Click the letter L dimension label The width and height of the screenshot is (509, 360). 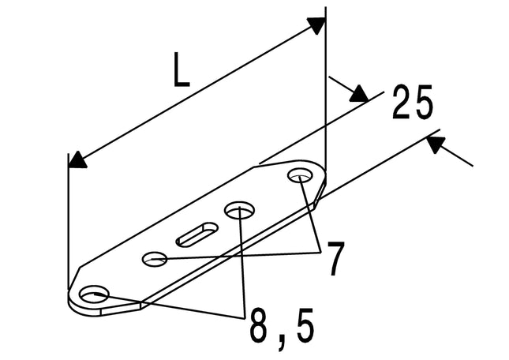tap(182, 69)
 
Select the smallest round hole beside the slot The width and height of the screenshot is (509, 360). tap(155, 259)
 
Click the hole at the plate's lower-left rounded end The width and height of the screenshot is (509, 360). tap(94, 294)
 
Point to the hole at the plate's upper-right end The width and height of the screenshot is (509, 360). tap(301, 176)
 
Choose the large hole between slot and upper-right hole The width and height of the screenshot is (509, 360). tap(239, 210)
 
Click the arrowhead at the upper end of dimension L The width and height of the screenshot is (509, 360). tap(316, 25)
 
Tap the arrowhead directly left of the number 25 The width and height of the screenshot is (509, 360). tap(360, 94)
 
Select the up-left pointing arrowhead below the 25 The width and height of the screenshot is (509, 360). tap(435, 144)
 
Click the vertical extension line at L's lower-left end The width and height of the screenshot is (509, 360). tap(69, 221)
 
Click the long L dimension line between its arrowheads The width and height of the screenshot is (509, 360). tap(196, 93)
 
